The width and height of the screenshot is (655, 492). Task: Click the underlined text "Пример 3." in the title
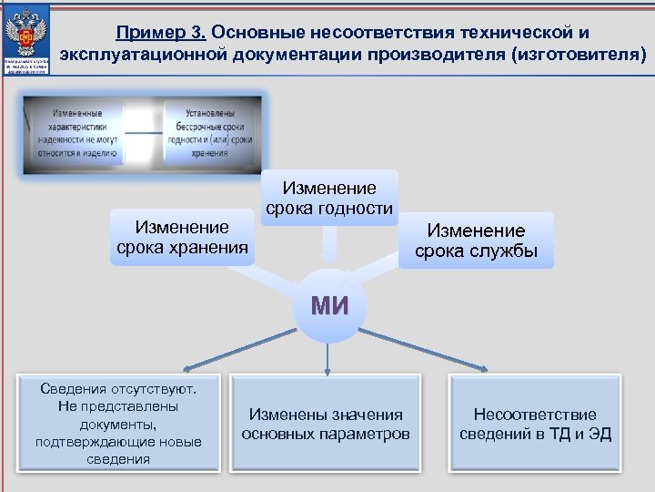[x=163, y=34]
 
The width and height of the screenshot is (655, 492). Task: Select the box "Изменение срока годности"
[x=329, y=199]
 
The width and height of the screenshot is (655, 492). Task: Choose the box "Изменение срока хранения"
[x=182, y=237]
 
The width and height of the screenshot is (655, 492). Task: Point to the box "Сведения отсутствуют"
[x=117, y=423]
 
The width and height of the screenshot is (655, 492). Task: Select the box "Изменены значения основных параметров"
[x=326, y=424]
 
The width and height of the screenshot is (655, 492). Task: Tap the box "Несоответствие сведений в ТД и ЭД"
[x=535, y=424]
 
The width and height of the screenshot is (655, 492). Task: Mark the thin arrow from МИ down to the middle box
[x=327, y=357]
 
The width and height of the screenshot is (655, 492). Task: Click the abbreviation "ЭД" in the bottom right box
[x=600, y=434]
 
